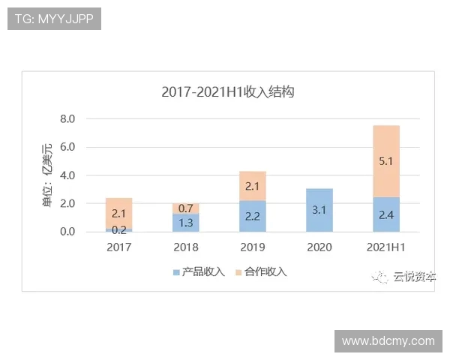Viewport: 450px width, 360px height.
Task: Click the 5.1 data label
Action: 386,160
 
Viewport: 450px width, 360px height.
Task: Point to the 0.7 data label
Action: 185,208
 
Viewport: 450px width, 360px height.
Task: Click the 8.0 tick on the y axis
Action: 67,118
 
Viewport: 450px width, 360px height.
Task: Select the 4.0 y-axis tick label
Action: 67,175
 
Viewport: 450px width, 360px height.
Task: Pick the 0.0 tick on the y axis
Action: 67,232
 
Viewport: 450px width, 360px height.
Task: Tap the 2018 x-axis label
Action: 185,247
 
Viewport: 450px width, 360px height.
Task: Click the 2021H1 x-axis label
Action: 386,247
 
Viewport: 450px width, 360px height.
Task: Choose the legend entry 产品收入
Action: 198,271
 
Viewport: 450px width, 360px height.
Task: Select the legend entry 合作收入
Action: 260,271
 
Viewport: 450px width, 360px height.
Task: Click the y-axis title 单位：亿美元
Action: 48,175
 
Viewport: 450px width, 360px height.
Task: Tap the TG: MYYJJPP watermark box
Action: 54,19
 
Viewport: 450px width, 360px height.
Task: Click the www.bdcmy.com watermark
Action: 388,340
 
